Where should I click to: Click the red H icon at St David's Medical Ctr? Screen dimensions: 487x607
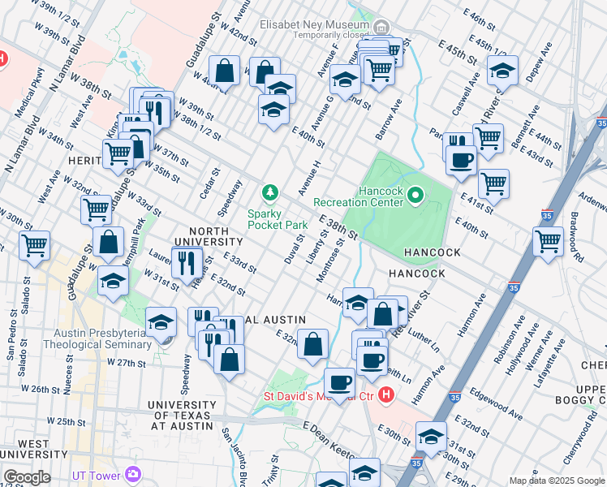[x=386, y=396]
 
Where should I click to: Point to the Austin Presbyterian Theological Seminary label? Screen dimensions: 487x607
[x=103, y=338]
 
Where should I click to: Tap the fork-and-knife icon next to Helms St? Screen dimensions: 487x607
[x=187, y=261]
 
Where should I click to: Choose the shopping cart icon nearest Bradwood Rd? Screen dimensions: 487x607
[x=548, y=241]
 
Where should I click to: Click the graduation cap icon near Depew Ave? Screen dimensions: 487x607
[x=503, y=71]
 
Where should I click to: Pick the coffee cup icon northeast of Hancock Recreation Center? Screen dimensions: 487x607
[x=461, y=159]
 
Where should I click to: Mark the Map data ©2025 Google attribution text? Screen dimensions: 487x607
[x=557, y=481]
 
